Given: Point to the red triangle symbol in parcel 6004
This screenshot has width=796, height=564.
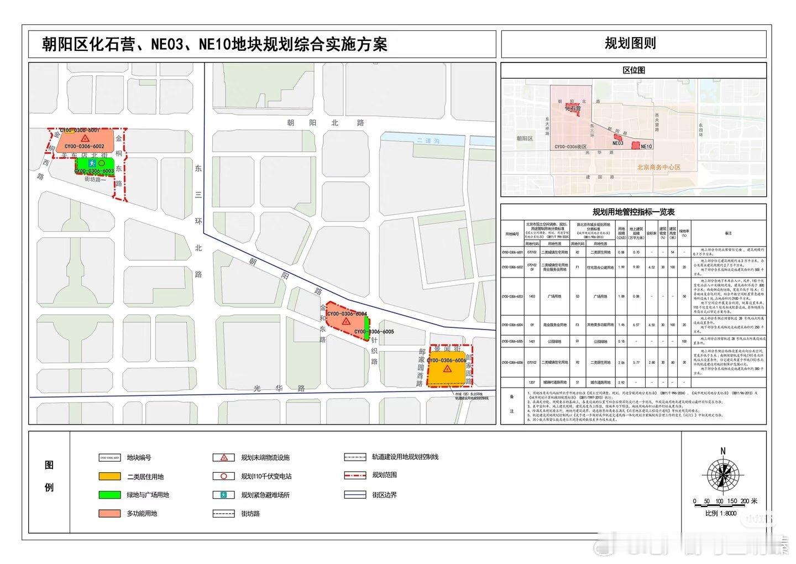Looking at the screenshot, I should (345, 321).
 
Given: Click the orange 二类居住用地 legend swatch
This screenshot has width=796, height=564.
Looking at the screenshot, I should (109, 477).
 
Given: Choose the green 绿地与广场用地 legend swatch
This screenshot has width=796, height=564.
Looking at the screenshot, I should (109, 495).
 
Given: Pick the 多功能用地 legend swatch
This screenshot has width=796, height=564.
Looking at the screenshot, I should (109, 514).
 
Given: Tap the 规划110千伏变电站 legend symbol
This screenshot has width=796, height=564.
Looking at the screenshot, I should (224, 477).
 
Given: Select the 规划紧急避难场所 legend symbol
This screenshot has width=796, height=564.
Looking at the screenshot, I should (224, 495).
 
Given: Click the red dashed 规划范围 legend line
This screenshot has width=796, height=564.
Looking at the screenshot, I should (355, 475).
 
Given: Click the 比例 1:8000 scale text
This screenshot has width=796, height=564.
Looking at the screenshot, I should (721, 513).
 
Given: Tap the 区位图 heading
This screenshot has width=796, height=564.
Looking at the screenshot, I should (633, 71).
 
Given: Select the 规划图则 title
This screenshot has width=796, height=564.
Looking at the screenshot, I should (630, 44).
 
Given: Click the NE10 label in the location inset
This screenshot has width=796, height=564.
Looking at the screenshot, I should (646, 147).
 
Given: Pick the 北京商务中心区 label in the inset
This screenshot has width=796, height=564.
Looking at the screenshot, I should (658, 167).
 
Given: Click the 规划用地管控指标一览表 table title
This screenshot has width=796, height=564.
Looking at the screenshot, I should (633, 212).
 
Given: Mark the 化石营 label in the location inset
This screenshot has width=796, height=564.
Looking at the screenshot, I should (573, 109).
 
